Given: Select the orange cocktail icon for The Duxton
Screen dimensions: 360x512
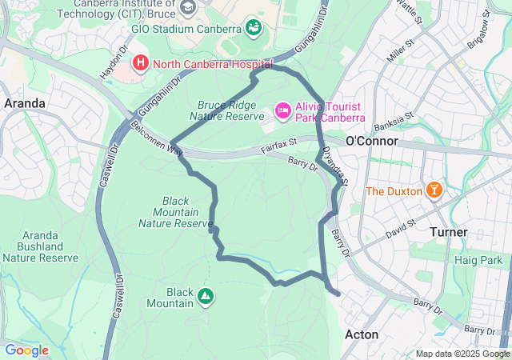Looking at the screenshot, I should [x=434, y=190].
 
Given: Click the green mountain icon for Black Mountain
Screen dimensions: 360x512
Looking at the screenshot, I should [x=206, y=297].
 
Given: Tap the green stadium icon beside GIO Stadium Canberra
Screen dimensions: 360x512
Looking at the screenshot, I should [x=253, y=28].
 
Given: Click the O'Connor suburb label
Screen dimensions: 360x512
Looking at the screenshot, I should [x=372, y=141].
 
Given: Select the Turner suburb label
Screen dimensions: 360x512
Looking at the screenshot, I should [x=448, y=232].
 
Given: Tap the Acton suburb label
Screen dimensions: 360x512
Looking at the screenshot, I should [x=362, y=334].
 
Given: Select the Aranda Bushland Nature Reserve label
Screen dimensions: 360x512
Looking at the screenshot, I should [x=40, y=246].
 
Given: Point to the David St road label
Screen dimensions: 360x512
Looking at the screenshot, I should [x=401, y=228].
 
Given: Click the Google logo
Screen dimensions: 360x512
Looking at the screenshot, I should [x=26, y=350].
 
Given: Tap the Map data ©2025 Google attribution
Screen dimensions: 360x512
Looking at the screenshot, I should [x=462, y=354].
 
